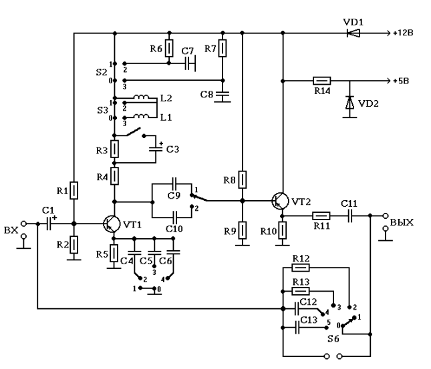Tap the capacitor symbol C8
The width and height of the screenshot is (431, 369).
coord(224,95)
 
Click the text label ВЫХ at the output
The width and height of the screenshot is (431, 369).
coord(402,222)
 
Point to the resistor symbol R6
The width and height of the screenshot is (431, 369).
coord(170,49)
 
